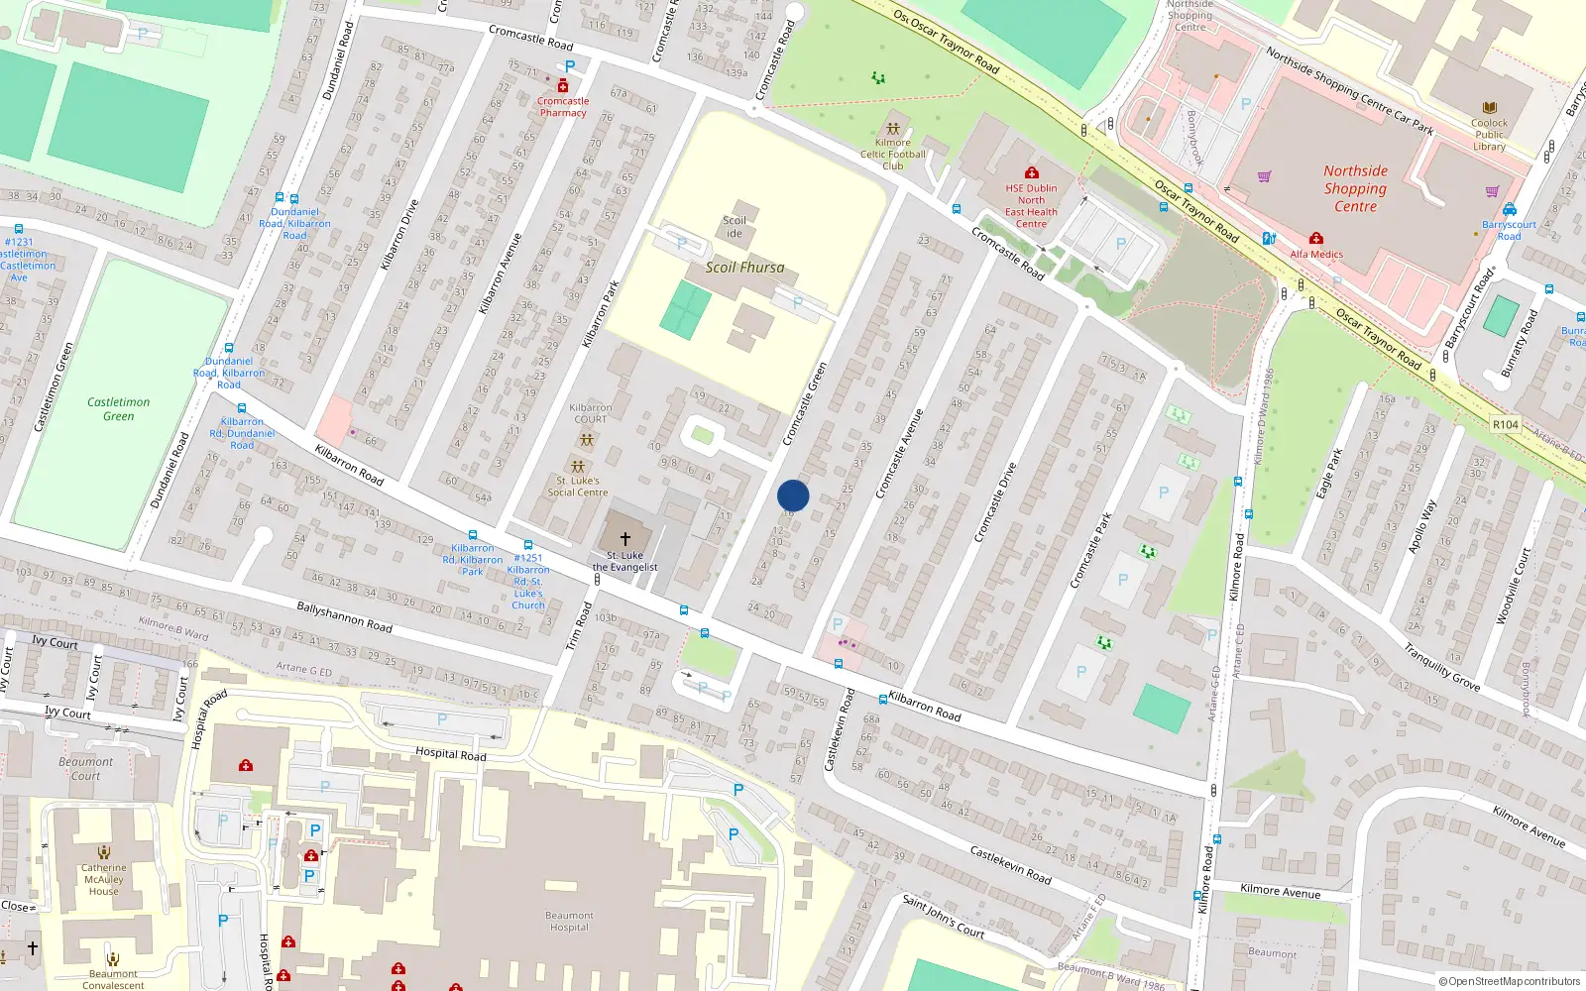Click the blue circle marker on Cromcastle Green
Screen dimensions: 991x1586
793,495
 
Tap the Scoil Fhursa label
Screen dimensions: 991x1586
744,268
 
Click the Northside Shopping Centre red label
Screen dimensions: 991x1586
1355,188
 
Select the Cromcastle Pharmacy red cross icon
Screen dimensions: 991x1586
563,86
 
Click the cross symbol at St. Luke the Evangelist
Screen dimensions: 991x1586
624,539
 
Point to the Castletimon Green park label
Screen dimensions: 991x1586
118,408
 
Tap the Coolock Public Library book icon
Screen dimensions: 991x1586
1489,108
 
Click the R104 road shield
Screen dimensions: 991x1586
1505,424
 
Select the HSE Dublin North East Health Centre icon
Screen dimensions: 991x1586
1031,172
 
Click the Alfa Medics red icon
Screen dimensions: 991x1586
1315,239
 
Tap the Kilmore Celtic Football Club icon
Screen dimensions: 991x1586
892,128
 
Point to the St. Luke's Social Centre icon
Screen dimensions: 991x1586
577,466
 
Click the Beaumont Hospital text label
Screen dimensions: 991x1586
569,922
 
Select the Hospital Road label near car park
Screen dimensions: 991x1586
450,754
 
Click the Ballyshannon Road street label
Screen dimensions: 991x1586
344,617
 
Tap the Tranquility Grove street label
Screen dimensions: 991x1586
1441,667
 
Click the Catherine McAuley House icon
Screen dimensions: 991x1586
104,852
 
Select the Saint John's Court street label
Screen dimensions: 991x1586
943,917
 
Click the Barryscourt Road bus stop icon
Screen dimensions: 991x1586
1509,209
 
